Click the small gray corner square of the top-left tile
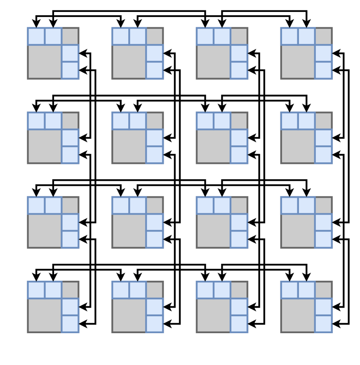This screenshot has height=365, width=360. tap(70, 36)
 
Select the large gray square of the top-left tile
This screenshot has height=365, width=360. tap(45, 62)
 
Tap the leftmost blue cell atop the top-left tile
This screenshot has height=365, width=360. tap(36, 36)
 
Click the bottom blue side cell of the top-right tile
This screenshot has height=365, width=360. tap(323, 70)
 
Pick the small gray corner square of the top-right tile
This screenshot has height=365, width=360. tap(323, 36)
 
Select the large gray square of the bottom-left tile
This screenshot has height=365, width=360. tap(45, 315)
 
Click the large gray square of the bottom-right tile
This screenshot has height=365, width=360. tap(298, 315)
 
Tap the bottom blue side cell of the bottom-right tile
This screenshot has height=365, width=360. tap(323, 324)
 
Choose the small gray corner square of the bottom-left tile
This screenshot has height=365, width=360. tap(70, 290)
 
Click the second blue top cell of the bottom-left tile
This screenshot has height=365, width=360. tap(53, 290)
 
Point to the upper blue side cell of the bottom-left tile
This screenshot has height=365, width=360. tap(70, 307)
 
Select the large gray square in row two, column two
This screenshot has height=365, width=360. tap(129, 147)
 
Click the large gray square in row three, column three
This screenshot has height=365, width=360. tap(213, 231)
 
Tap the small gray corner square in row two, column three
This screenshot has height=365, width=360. tap(239, 121)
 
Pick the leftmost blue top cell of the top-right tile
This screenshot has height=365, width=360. tap(289, 36)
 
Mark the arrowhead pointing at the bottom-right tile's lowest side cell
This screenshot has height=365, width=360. tap(336, 324)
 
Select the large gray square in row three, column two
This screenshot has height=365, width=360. tap(129, 231)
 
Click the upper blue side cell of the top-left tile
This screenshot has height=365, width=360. tap(70, 53)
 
